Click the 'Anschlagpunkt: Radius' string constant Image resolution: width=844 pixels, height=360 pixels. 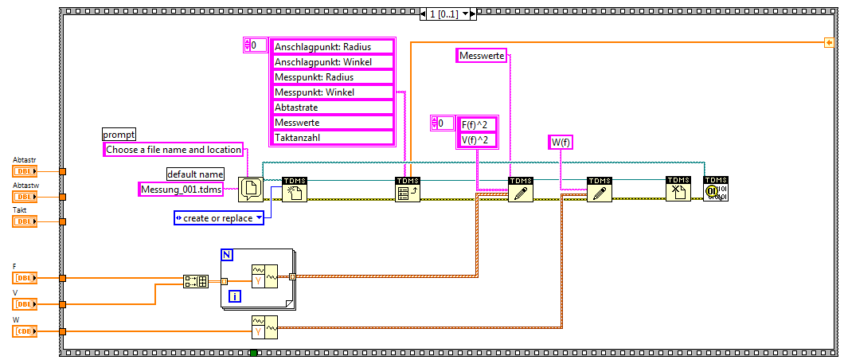pyautogui.click(x=333, y=47)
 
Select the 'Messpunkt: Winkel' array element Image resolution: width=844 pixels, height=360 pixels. pyautogui.click(x=333, y=92)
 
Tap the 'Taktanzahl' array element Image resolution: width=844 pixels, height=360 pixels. pyautogui.click(x=333, y=138)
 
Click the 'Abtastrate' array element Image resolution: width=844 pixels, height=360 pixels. pyautogui.click(x=333, y=108)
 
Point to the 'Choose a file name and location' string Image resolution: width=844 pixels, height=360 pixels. pyautogui.click(x=174, y=149)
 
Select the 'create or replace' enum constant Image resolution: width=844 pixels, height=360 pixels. pyautogui.click(x=218, y=218)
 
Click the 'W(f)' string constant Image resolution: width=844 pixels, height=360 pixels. pyautogui.click(x=561, y=143)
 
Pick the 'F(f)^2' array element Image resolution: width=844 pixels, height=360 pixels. pyautogui.click(x=476, y=123)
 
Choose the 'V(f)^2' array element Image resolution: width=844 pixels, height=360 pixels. pyautogui.click(x=476, y=140)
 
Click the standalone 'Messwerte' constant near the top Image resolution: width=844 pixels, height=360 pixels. pyautogui.click(x=482, y=55)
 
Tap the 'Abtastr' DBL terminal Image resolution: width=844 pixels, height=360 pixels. pyautogui.click(x=25, y=171)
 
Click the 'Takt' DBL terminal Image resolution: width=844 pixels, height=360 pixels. pyautogui.click(x=25, y=221)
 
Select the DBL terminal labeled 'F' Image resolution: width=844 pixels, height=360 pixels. pyautogui.click(x=25, y=278)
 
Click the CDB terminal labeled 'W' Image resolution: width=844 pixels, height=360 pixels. pyautogui.click(x=25, y=331)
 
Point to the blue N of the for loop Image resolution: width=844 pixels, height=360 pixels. pyautogui.click(x=227, y=255)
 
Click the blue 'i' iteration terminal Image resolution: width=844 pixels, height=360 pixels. pyautogui.click(x=234, y=296)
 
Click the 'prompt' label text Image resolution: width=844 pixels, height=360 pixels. pyautogui.click(x=119, y=134)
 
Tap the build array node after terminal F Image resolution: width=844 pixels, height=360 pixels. pyautogui.click(x=196, y=280)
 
